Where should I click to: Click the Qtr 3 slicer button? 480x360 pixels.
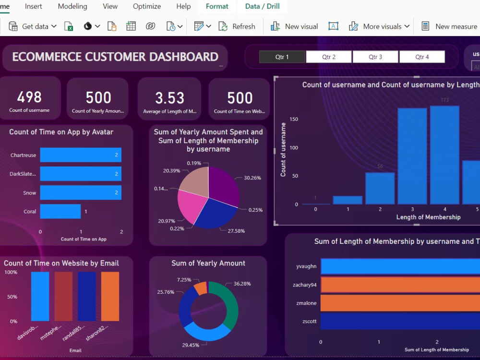pos(375,57)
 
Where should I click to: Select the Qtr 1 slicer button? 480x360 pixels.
pos(282,57)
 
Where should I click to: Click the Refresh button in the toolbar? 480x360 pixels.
pos(237,26)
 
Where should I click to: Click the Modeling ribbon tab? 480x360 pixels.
pos(72,6)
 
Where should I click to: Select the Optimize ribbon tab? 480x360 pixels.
pos(147,6)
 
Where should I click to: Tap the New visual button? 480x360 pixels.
pos(294,26)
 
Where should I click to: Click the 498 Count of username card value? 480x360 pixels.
pos(29,97)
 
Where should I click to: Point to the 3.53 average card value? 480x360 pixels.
pos(169,98)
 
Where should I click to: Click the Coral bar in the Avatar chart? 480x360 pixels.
pos(60,212)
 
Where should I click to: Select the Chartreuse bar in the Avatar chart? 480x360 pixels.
pos(80,155)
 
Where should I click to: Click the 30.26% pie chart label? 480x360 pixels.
pos(252,178)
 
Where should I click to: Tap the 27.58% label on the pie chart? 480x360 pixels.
pos(236,231)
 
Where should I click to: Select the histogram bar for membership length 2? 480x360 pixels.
pos(380,188)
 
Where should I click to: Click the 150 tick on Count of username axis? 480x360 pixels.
pos(293,120)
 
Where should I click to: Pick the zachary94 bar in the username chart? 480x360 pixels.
pos(398,285)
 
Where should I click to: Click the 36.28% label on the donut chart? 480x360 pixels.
pos(241,284)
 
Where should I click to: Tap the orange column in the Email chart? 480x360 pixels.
pos(110,296)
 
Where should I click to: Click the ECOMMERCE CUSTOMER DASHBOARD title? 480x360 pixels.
pos(115,57)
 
